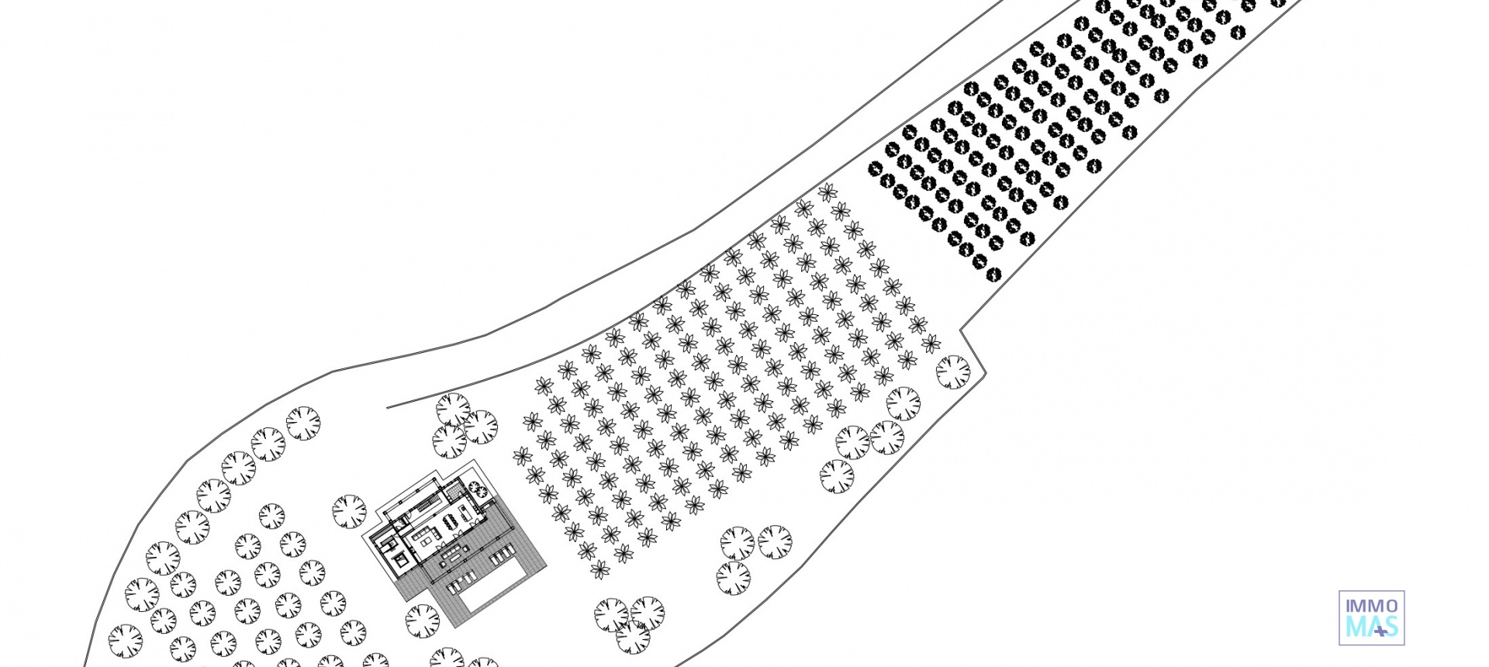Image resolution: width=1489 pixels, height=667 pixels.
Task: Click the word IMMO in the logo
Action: (x=1372, y=606)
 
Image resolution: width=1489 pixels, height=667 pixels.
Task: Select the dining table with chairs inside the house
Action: (x=451, y=521)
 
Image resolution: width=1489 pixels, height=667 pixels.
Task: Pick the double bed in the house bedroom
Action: (x=401, y=560)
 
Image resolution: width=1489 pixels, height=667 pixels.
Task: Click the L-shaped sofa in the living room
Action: (x=427, y=535)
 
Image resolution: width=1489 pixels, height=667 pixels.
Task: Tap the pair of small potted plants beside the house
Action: (x=478, y=489)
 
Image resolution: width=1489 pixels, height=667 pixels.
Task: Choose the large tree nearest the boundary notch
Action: (x=953, y=372)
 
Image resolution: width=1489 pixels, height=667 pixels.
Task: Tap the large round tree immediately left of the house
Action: (x=349, y=511)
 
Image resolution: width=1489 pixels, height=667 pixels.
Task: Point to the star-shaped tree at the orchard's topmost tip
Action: (x=828, y=192)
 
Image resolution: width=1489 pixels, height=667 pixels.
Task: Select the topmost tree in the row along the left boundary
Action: (x=303, y=423)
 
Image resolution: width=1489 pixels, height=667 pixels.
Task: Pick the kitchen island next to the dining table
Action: (x=466, y=513)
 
